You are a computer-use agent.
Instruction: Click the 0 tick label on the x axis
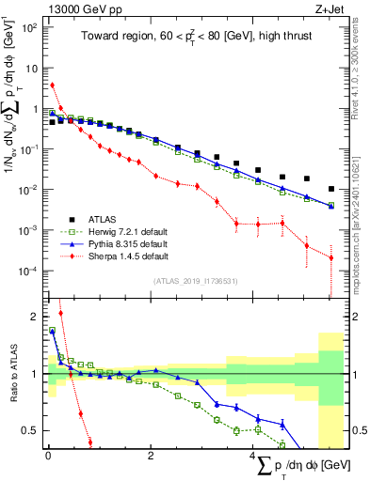[48, 456]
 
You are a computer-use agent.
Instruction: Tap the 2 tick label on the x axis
[151, 456]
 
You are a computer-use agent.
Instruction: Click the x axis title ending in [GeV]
[297, 467]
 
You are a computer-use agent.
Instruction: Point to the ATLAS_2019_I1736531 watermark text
[195, 281]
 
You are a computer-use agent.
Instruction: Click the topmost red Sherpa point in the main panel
[53, 85]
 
